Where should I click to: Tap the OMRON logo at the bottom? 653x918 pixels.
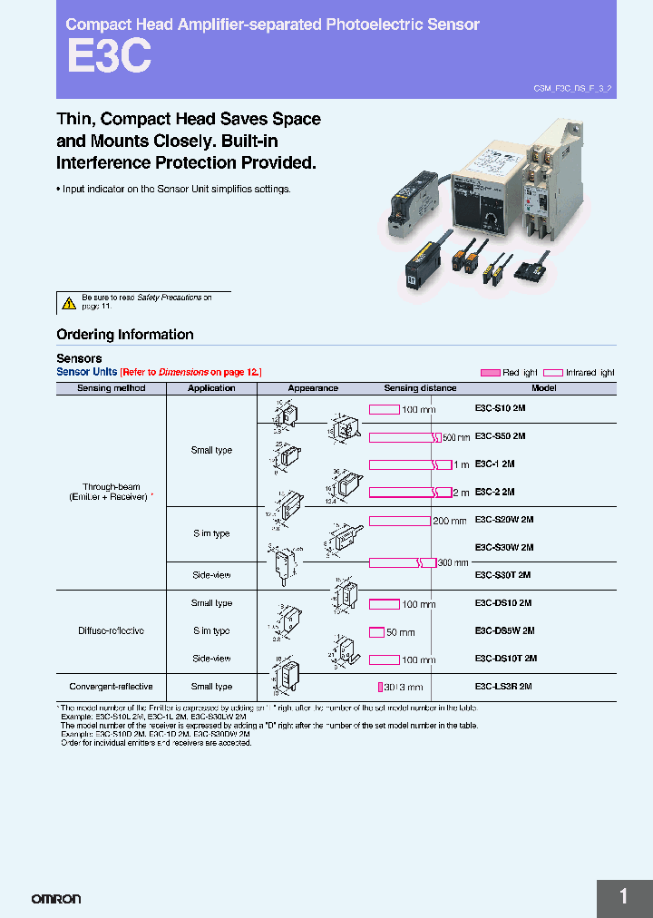56,899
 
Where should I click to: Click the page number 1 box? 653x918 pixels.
624,897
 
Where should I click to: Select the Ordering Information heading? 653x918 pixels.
125,335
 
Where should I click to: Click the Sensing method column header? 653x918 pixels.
111,388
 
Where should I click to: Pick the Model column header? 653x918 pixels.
544,388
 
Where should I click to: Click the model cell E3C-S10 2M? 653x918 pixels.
500,408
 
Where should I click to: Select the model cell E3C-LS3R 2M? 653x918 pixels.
503,687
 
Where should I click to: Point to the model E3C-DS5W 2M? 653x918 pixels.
504,630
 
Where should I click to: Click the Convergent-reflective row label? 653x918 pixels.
111,687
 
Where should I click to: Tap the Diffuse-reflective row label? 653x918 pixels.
111,630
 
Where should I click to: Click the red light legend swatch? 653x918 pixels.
490,373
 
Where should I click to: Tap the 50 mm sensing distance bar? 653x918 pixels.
376,631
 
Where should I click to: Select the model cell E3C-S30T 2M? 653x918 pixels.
502,575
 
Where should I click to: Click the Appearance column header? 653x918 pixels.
313,388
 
